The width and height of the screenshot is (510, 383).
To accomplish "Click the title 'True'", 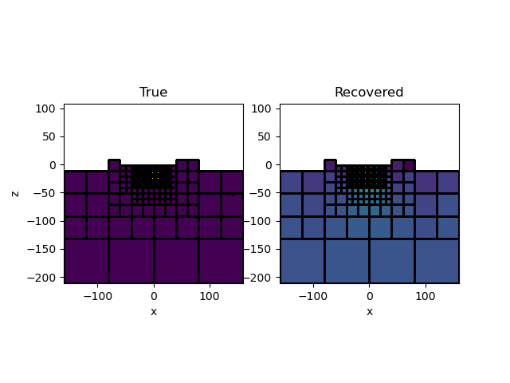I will point(153,93).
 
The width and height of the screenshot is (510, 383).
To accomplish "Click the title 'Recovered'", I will point(369,93).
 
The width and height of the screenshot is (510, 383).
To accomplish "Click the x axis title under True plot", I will point(154,311).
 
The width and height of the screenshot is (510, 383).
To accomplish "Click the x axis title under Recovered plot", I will point(369,311).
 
